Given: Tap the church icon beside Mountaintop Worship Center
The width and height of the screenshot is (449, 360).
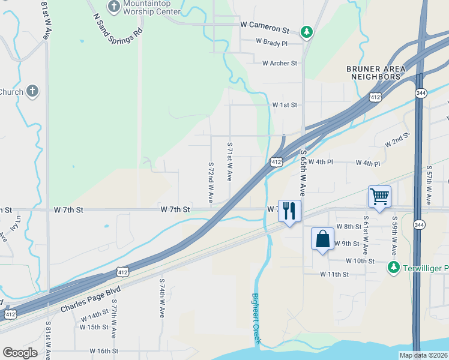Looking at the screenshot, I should click(x=113, y=7).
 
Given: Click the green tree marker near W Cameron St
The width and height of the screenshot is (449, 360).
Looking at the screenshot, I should click(x=307, y=31).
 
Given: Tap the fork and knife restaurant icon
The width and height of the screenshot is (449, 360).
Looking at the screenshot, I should click(x=289, y=211).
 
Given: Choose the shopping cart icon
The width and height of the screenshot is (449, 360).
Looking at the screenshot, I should click(x=379, y=196).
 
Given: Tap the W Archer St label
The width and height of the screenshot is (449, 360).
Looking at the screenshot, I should click(x=279, y=63).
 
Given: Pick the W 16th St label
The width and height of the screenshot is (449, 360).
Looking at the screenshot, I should click(x=104, y=350).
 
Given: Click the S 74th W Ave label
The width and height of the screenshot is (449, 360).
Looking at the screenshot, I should click(x=161, y=298).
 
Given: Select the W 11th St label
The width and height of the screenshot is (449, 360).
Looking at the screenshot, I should click(x=334, y=274).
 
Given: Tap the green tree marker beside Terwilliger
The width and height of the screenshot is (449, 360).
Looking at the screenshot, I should click(x=394, y=267).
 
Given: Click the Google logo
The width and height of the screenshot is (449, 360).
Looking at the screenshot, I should click(x=20, y=353).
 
